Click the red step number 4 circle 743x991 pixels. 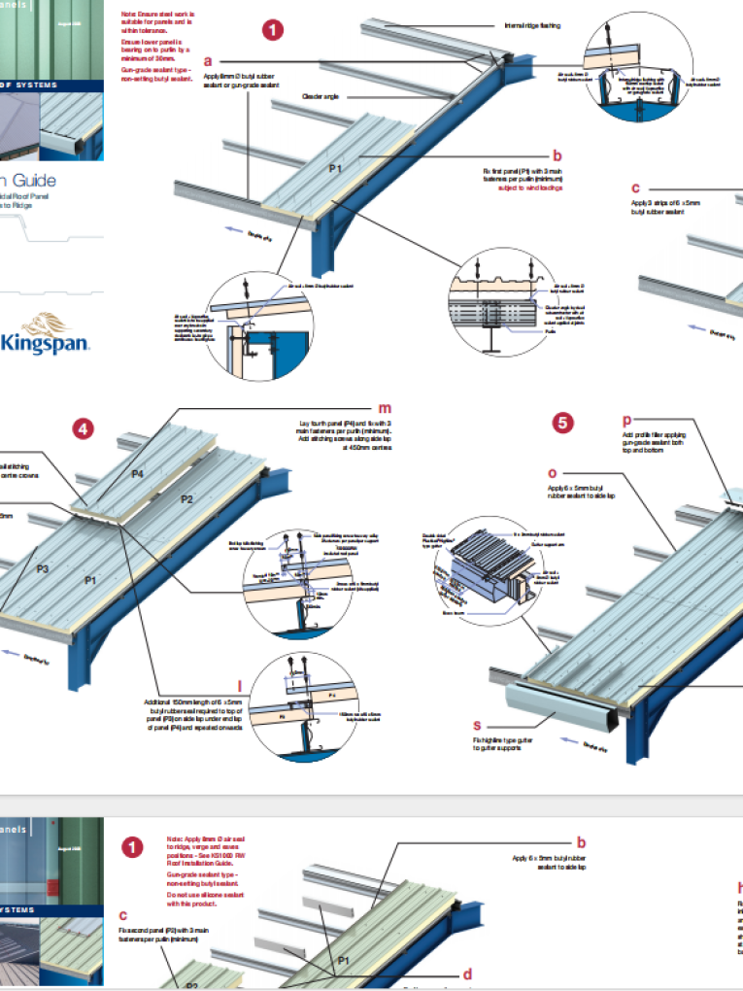click(85, 428)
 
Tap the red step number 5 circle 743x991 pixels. click(562, 423)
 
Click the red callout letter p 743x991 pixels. click(626, 420)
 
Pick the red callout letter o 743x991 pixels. click(553, 473)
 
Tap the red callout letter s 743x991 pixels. click(477, 725)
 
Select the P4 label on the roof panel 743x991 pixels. click(138, 474)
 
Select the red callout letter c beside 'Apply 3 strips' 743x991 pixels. click(635, 188)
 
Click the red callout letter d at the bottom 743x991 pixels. click(466, 974)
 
